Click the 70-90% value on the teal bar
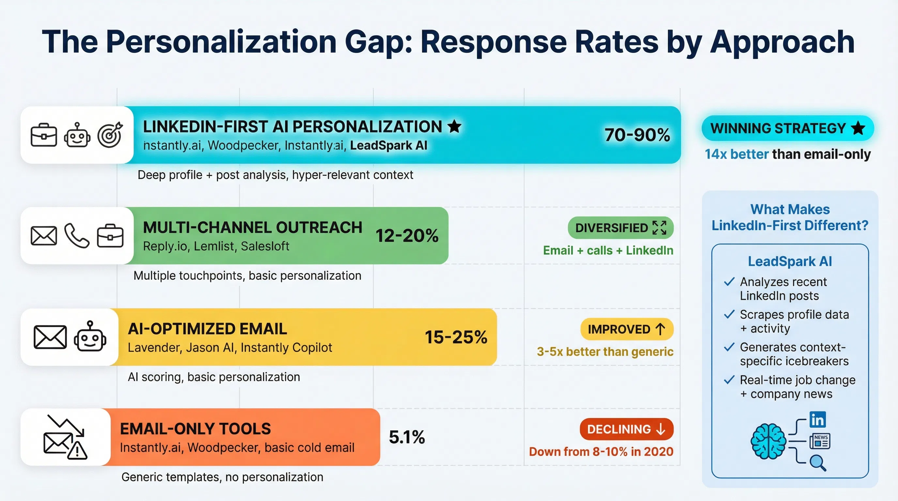(637, 135)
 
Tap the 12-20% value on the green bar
(407, 235)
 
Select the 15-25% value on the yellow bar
(456, 337)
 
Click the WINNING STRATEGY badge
(787, 128)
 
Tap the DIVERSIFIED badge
(620, 228)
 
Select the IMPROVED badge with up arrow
(627, 329)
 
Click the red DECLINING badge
(626, 429)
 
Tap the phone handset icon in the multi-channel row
(77, 235)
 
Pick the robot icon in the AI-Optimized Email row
(90, 337)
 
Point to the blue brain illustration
(768, 441)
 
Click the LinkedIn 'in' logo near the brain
(817, 420)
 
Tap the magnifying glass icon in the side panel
(817, 463)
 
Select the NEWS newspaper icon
(820, 441)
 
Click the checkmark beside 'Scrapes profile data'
(729, 314)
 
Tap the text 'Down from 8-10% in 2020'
(601, 451)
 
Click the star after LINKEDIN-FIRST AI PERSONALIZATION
(454, 126)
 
